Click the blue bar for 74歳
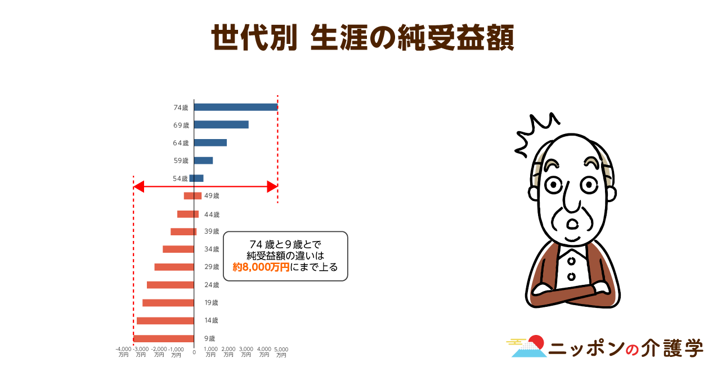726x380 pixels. [x=236, y=108]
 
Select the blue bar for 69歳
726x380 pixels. [x=221, y=124]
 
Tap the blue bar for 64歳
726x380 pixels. [x=210, y=142]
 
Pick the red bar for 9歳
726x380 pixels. [x=163, y=338]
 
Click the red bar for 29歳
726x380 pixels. [x=174, y=267]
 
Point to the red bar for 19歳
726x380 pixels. [x=168, y=303]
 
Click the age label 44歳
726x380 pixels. [x=212, y=214]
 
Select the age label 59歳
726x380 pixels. [x=181, y=160]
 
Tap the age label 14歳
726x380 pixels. [x=211, y=320]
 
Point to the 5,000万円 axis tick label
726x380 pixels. [x=281, y=352]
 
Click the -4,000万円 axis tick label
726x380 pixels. [x=123, y=352]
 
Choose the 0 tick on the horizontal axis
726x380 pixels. [x=194, y=352]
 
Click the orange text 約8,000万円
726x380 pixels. [x=261, y=267]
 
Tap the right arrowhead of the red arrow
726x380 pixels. [x=272, y=187]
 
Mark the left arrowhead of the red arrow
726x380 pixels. [x=138, y=187]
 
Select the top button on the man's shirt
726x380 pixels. [x=571, y=261]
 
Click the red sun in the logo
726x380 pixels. [x=536, y=342]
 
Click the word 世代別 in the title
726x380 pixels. [x=254, y=38]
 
